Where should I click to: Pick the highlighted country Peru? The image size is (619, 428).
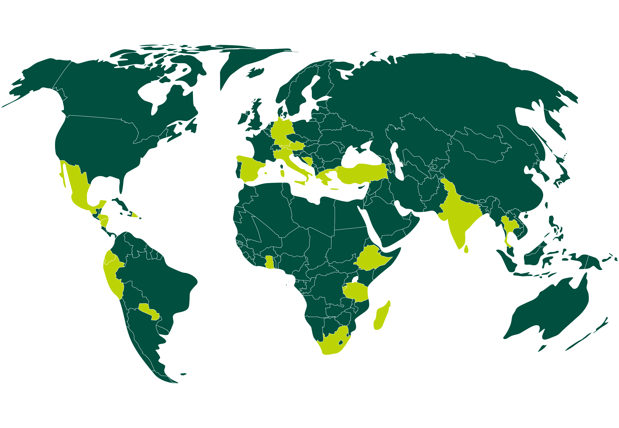click(113, 276)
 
